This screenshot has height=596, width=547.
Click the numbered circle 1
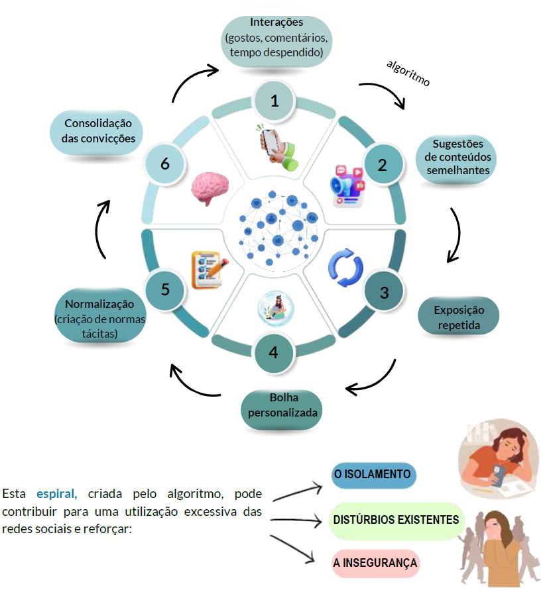point(274,101)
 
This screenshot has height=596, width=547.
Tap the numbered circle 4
point(274,353)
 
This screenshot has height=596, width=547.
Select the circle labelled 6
point(165,164)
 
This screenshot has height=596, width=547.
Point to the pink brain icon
point(210,189)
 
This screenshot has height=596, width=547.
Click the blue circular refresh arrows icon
point(345,268)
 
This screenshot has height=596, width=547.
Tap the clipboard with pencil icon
point(210,270)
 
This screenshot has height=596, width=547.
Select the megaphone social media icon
point(348,186)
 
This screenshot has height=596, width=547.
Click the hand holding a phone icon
point(278,148)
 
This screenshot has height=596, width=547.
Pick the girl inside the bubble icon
point(276,309)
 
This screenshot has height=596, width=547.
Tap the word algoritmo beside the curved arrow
point(408,73)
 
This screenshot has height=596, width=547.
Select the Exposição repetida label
point(458,317)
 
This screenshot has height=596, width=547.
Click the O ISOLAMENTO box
point(373,475)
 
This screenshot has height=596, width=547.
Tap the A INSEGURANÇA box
point(375,563)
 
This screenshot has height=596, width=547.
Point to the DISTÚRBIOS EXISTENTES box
point(396,521)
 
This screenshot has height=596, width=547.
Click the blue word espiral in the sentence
point(56,494)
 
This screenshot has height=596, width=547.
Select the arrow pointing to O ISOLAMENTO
point(298,493)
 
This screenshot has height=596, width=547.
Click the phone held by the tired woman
point(497,475)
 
